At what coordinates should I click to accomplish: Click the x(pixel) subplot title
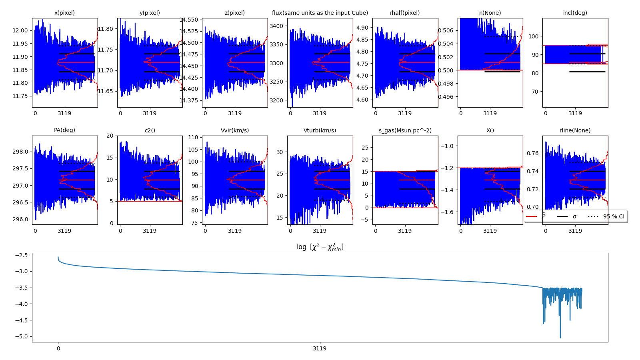[x=64, y=13]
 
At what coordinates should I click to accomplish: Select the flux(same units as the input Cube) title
[x=320, y=13]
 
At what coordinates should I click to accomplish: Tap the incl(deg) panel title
[x=575, y=13]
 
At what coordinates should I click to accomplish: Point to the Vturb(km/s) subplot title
[x=320, y=130]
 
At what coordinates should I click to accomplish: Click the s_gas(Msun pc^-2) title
[x=405, y=130]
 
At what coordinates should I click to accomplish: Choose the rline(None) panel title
[x=575, y=130]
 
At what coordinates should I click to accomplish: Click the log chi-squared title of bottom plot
[x=320, y=247]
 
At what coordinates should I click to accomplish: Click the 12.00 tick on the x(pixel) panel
[x=20, y=30]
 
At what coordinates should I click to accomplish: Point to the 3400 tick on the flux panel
[x=276, y=26]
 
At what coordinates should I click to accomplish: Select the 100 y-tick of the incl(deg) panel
[x=534, y=36]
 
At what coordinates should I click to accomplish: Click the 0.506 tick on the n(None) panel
[x=446, y=30]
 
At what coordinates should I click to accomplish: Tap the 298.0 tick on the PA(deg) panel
[x=20, y=152]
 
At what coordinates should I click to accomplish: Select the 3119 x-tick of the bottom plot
[x=320, y=348]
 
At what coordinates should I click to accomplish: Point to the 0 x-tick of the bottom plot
[x=58, y=348]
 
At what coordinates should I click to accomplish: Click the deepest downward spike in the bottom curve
[x=560, y=337]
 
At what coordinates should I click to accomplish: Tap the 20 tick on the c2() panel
[x=110, y=136]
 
